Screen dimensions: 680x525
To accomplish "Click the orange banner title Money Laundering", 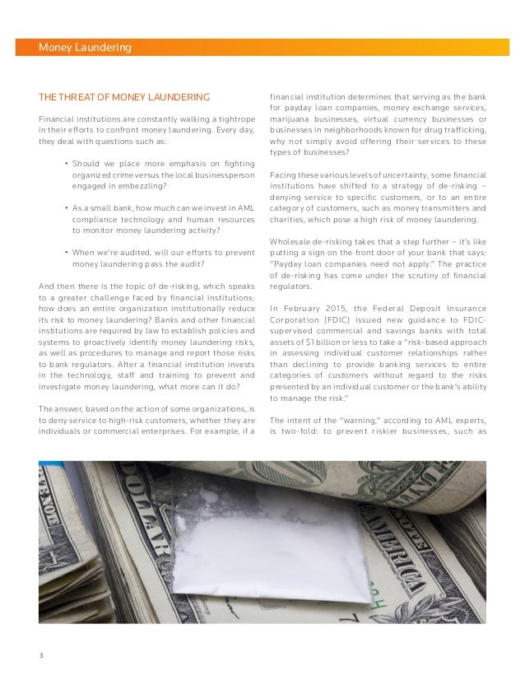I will [85, 48].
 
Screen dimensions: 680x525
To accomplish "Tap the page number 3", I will [40, 655].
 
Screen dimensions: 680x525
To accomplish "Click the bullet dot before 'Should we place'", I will [65, 163].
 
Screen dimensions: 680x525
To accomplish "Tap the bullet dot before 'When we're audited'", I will [65, 252].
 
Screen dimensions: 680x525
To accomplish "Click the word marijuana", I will [292, 119].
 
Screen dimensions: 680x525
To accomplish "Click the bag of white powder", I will [272, 543].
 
